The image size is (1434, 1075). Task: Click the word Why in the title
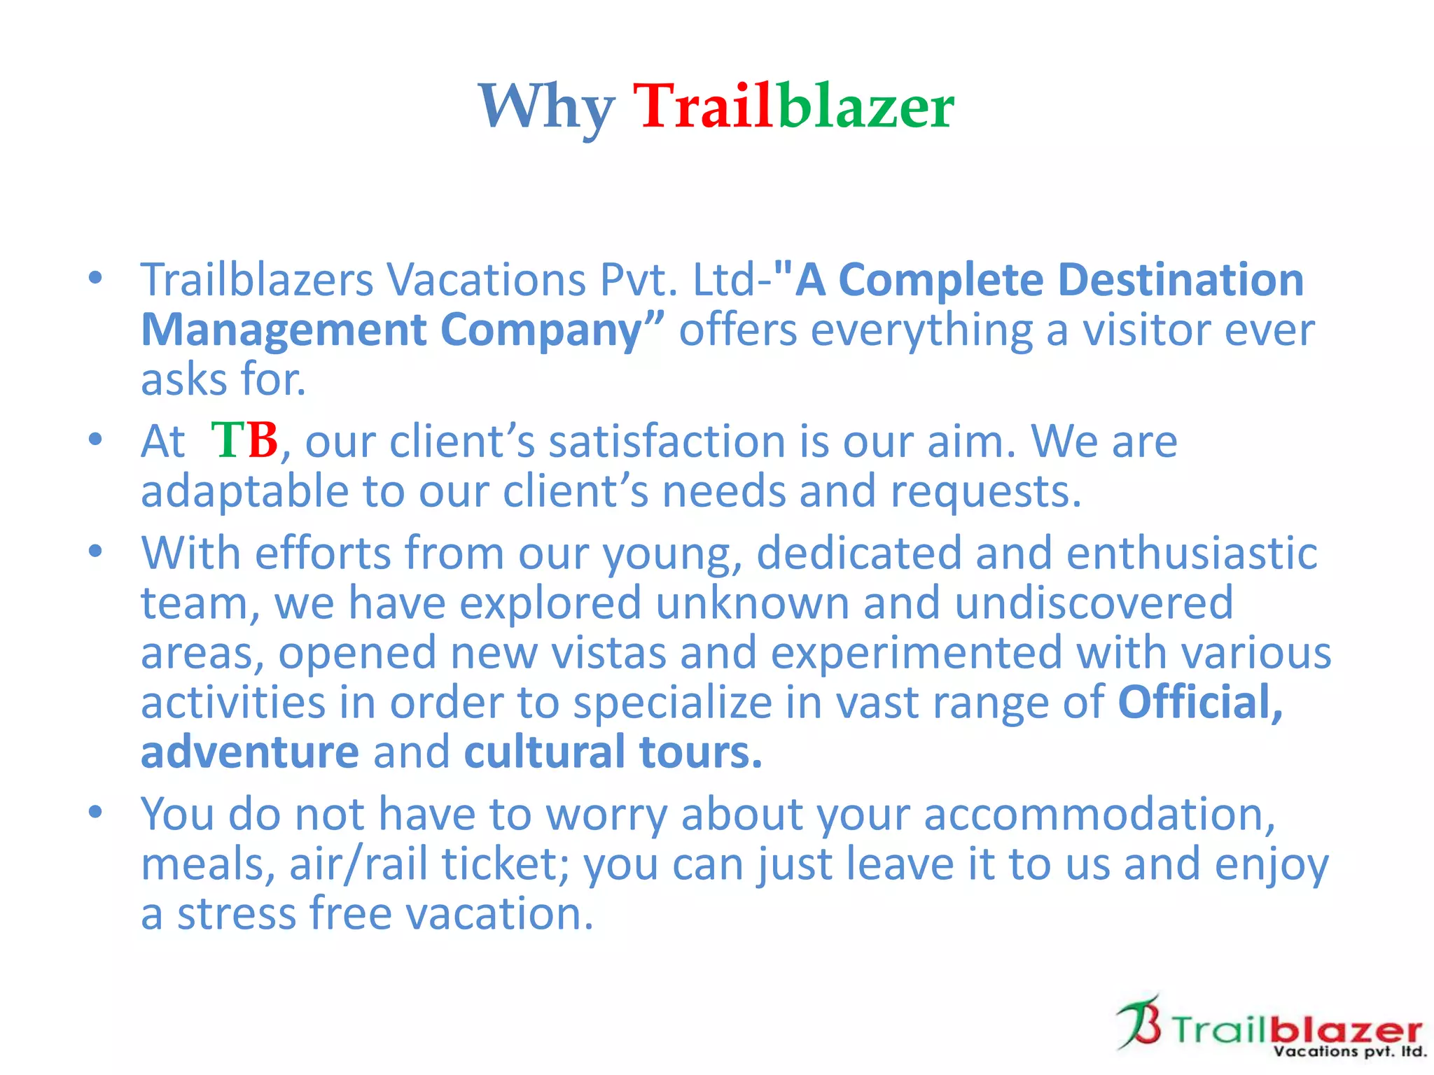click(546, 107)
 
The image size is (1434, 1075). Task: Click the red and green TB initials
click(244, 441)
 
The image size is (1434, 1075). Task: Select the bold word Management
click(284, 330)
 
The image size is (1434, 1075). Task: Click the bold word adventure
click(250, 752)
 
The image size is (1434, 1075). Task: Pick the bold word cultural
click(544, 752)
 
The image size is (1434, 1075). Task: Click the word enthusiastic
click(1192, 553)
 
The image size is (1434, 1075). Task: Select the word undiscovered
click(1094, 603)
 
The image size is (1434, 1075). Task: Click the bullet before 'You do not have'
click(95, 813)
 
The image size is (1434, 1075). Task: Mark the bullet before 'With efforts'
click(95, 551)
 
